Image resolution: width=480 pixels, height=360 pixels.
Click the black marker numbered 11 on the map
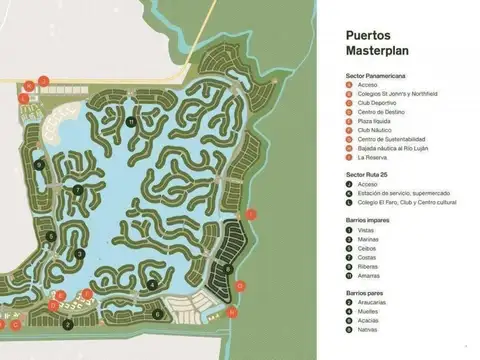[x=131, y=122]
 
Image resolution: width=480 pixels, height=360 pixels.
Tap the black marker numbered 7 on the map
[x=77, y=189]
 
